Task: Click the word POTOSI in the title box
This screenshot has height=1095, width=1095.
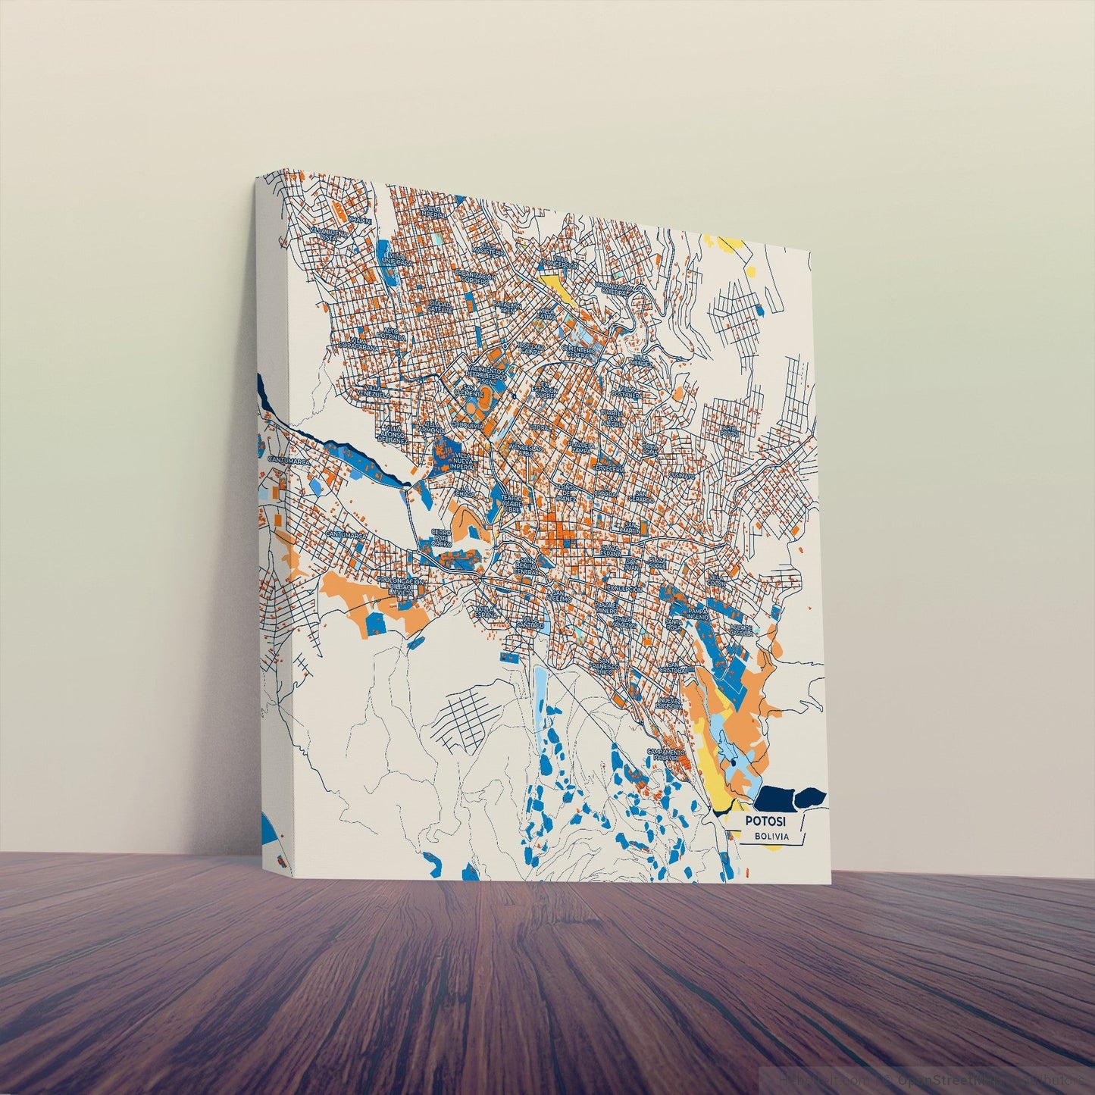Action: point(765,821)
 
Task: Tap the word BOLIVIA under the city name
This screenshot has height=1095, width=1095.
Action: point(771,837)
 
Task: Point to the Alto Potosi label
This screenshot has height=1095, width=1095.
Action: point(731,430)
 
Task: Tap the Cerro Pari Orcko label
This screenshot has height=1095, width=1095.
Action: point(442,538)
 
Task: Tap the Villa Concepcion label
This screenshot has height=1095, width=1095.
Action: point(624,588)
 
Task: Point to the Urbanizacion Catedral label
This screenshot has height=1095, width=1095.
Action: point(614,289)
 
